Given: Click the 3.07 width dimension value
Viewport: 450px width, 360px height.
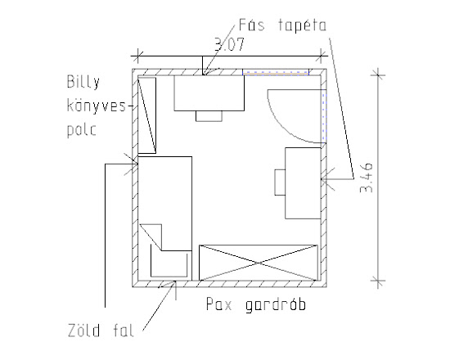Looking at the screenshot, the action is pyautogui.click(x=229, y=44).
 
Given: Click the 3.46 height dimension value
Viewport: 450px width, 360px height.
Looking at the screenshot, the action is pyautogui.click(x=367, y=178).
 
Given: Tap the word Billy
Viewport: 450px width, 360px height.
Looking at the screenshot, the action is pyautogui.click(x=83, y=82).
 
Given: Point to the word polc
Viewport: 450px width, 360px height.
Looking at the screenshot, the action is pyautogui.click(x=82, y=130).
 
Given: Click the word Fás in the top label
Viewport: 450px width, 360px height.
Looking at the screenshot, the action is pyautogui.click(x=251, y=25).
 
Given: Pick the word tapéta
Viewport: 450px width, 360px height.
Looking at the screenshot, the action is pyautogui.click(x=302, y=25).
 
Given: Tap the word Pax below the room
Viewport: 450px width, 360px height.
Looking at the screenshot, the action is pyautogui.click(x=219, y=304).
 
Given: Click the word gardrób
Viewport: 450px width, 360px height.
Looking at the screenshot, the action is pyautogui.click(x=276, y=305).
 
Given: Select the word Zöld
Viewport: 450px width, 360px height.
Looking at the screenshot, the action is pyautogui.click(x=84, y=330).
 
